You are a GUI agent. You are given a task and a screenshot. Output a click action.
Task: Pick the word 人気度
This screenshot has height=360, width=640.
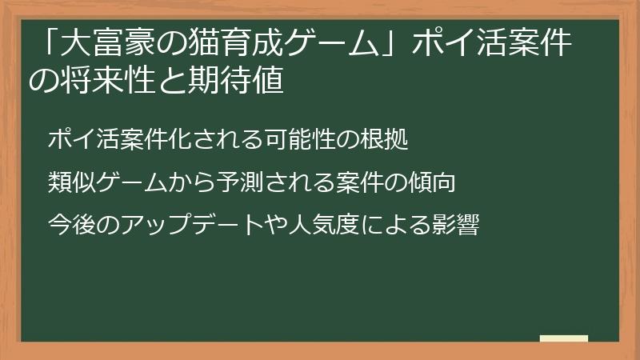pyautogui.click(x=314, y=224)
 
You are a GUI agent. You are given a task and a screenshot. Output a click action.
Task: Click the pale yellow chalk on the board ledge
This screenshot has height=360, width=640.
pyautogui.click(x=563, y=338)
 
